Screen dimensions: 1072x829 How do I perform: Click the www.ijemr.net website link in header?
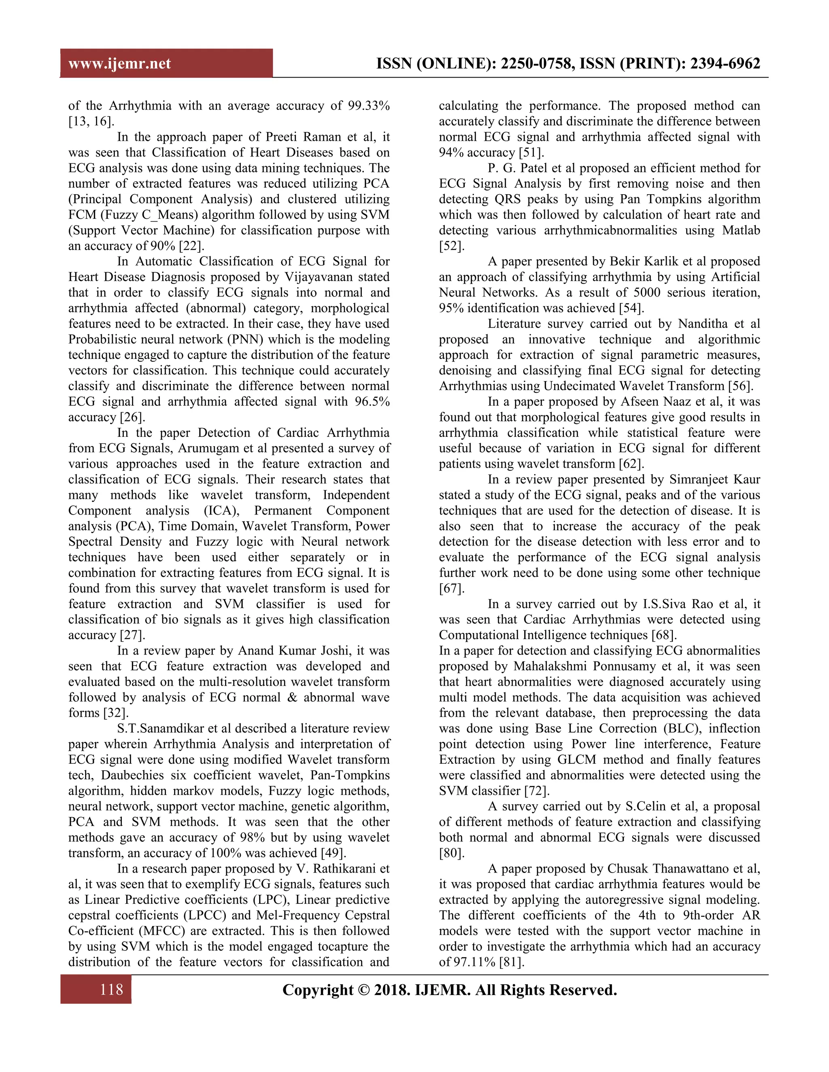tap(119, 64)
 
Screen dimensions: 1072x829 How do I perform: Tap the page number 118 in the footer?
tap(111, 989)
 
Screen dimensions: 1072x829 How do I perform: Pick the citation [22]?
tap(191, 246)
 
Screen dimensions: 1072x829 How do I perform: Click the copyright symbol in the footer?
tap(364, 990)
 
